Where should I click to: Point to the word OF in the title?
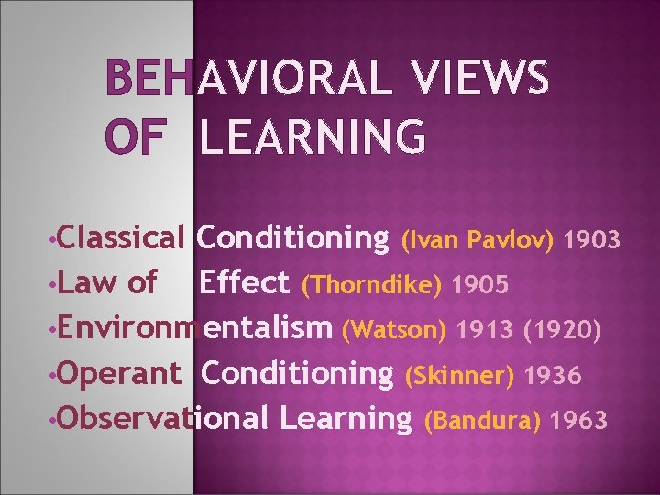coord(135,137)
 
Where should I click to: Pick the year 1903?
coord(593,240)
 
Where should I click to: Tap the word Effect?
coord(244,282)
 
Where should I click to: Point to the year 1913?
coord(486,329)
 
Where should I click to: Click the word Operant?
coord(124,374)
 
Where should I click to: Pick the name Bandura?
coord(484,420)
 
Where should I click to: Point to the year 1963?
coord(579,420)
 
